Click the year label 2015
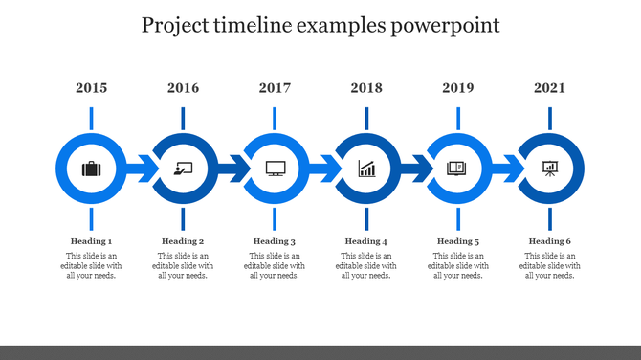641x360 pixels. point(91,88)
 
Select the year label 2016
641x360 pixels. point(183,88)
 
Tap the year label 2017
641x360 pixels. point(275,88)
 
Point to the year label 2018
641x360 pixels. point(366,88)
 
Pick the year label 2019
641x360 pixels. point(458,88)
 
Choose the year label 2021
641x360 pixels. point(550,88)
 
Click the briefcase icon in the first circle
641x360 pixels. point(91,169)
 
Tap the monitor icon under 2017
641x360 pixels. point(276,169)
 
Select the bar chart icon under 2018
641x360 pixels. point(367,169)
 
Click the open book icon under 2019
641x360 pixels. point(458,169)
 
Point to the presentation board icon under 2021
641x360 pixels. point(550,169)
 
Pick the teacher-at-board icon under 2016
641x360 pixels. point(183,169)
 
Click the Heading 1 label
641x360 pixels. point(91,241)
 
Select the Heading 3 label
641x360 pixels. point(275,241)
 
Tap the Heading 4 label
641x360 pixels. point(366,241)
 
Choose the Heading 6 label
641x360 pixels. point(550,241)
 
